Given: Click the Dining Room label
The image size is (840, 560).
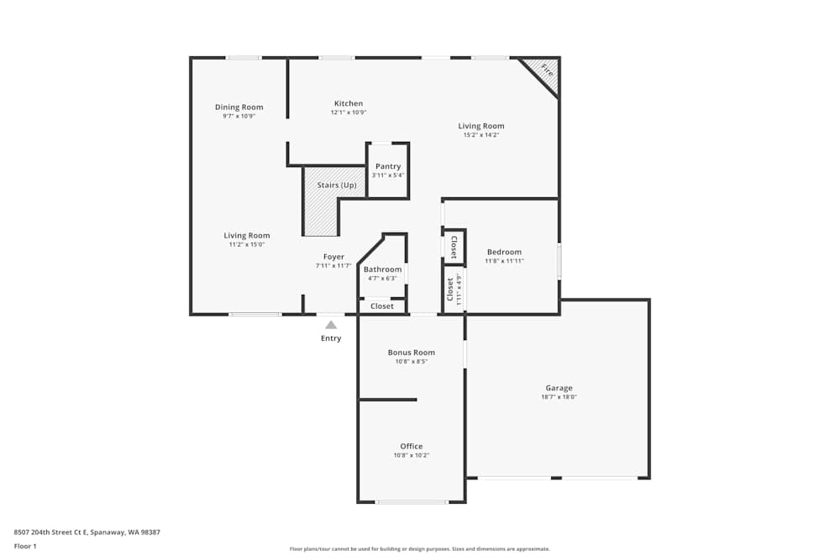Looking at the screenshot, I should pyautogui.click(x=239, y=107).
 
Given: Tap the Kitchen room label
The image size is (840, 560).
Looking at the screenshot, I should pyautogui.click(x=348, y=103).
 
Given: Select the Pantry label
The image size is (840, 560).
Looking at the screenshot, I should pyautogui.click(x=388, y=166).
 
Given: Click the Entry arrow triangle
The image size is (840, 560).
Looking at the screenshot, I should pyautogui.click(x=331, y=324).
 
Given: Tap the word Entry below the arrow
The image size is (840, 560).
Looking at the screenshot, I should pyautogui.click(x=331, y=338).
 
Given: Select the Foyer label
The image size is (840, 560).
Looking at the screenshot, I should pyautogui.click(x=333, y=257).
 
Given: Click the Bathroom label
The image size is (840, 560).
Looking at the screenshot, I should pyautogui.click(x=382, y=270).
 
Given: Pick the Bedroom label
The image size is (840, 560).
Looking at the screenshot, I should pyautogui.click(x=504, y=252).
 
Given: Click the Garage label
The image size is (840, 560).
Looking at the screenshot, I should pyautogui.click(x=559, y=388).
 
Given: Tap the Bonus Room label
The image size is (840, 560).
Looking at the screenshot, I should pyautogui.click(x=411, y=353).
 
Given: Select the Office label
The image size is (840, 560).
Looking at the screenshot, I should pyautogui.click(x=411, y=447).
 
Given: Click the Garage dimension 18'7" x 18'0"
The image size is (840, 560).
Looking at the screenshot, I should pyautogui.click(x=559, y=397).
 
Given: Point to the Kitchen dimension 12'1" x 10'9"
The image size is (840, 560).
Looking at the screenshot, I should pyautogui.click(x=348, y=113).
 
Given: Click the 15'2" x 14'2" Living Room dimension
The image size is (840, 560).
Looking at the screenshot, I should pyautogui.click(x=480, y=135).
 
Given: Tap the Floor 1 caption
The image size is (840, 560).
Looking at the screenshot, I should pyautogui.click(x=25, y=546).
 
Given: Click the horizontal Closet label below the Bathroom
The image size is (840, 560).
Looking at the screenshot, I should pyautogui.click(x=382, y=306).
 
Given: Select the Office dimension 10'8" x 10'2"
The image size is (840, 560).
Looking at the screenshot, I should pyautogui.click(x=411, y=456).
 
